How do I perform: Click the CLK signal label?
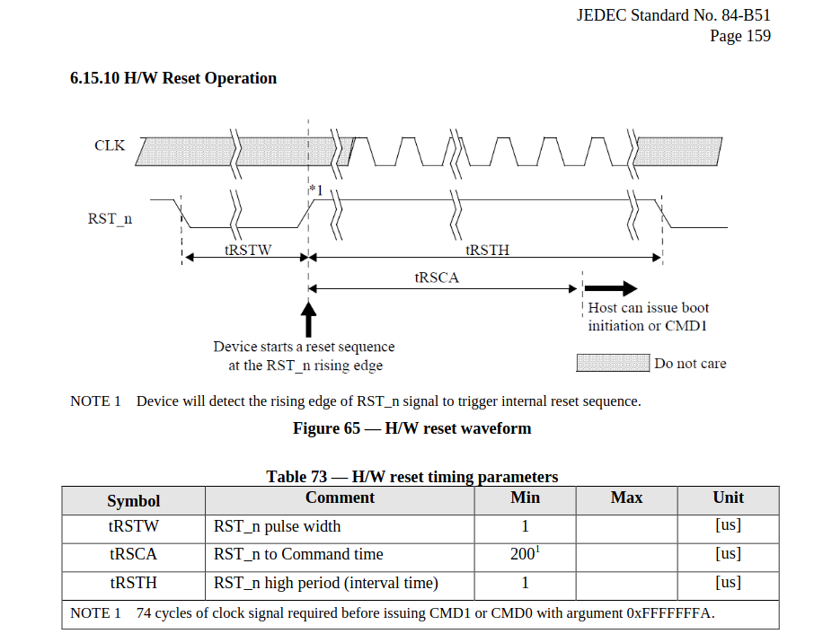pos(110,145)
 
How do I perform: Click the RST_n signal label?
pos(110,218)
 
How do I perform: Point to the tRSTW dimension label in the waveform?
pos(248,251)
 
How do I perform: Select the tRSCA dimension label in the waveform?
pos(437,277)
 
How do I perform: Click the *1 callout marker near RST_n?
pos(315,191)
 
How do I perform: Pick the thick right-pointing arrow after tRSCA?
pos(615,288)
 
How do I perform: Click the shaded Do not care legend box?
pos(612,363)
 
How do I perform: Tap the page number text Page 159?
pos(739,36)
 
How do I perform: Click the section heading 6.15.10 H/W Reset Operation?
pos(173,78)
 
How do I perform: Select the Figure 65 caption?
pos(411,428)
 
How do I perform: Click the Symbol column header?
pos(133,501)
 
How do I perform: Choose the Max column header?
pos(626,498)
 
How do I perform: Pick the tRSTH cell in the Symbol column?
pos(133,583)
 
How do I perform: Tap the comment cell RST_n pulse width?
pos(277,526)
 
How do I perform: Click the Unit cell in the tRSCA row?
pos(728,554)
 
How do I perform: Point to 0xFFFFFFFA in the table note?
pos(670,613)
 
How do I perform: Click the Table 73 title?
pos(411,477)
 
